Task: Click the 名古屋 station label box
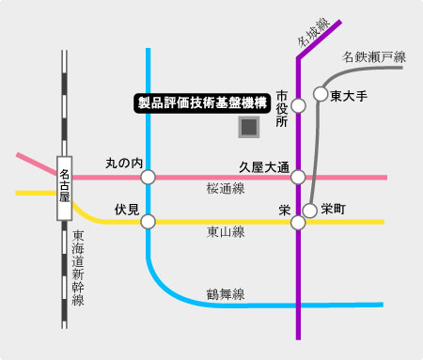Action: [x=65, y=188]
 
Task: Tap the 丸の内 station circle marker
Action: [x=149, y=176]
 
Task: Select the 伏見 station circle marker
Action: [x=149, y=222]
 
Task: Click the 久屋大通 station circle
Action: [x=299, y=176]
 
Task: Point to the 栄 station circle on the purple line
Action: [x=299, y=223]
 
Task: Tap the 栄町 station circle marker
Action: [x=310, y=210]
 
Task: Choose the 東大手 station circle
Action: [x=321, y=95]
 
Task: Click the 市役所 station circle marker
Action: [x=299, y=105]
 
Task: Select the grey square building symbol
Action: [x=249, y=126]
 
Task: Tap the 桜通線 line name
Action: [x=226, y=189]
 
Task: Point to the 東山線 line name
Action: [x=226, y=233]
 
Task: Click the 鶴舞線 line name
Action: [x=226, y=294]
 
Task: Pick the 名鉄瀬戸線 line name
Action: [x=373, y=57]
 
